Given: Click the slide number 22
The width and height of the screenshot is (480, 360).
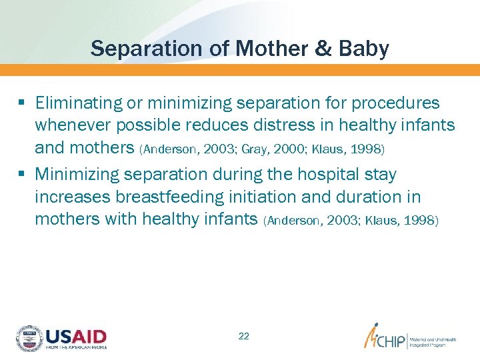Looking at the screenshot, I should coord(243,336).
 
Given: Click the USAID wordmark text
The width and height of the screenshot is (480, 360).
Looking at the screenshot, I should coord(76,336).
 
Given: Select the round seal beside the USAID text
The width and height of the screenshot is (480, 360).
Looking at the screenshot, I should coord(29,338).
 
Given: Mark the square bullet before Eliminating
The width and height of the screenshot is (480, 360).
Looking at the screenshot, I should coord(22,103).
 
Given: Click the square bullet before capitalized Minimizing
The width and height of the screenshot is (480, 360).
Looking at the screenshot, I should coord(22,175).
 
